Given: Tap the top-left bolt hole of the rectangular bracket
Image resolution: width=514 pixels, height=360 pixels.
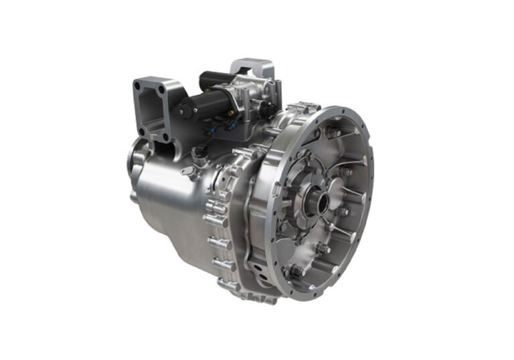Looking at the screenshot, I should [x=139, y=86].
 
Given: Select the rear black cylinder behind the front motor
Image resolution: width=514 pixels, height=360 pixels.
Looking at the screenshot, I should [x=216, y=79].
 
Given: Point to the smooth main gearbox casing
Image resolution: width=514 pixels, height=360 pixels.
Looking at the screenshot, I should [x=167, y=201].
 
